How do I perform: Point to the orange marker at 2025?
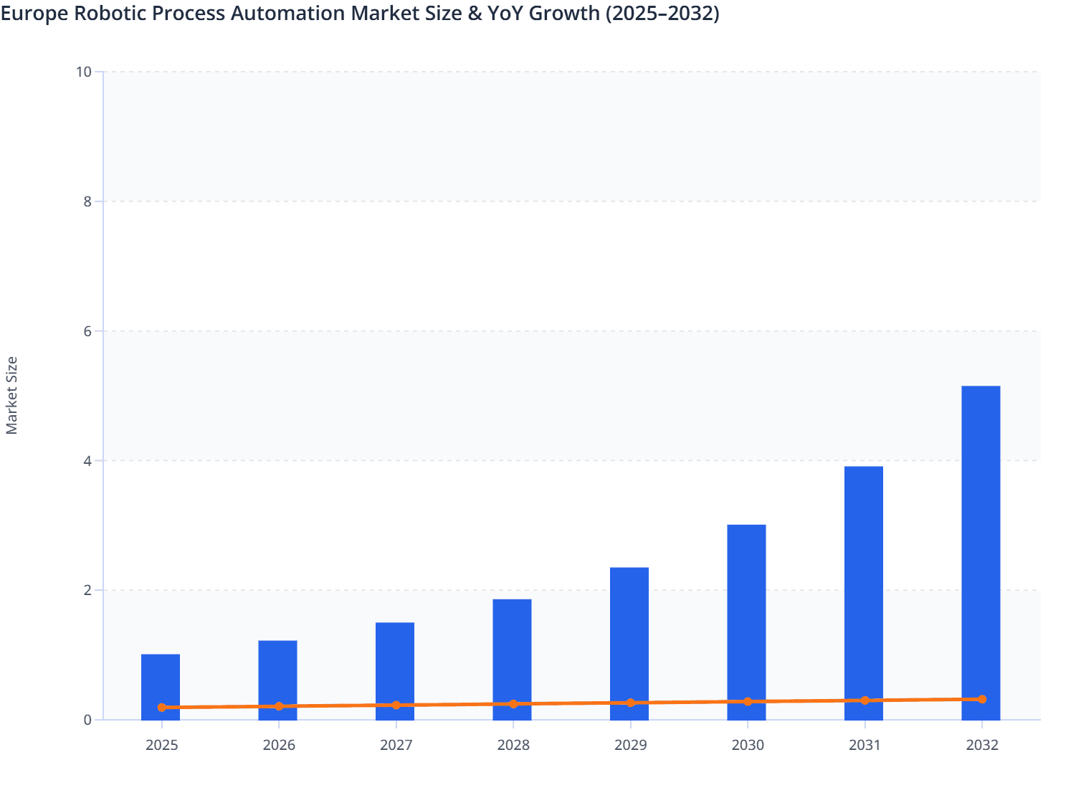click(162, 708)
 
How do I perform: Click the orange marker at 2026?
click(279, 706)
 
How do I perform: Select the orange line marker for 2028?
click(513, 704)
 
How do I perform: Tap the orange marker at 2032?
click(982, 699)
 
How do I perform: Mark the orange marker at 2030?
click(748, 702)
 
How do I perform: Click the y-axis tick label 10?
click(84, 72)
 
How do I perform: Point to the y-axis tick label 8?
click(87, 201)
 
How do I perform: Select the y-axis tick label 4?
click(87, 461)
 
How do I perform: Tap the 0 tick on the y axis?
click(87, 720)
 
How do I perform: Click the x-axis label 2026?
click(279, 746)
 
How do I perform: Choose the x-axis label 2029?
click(630, 746)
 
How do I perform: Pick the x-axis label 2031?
click(865, 746)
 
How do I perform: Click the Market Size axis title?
click(12, 396)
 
